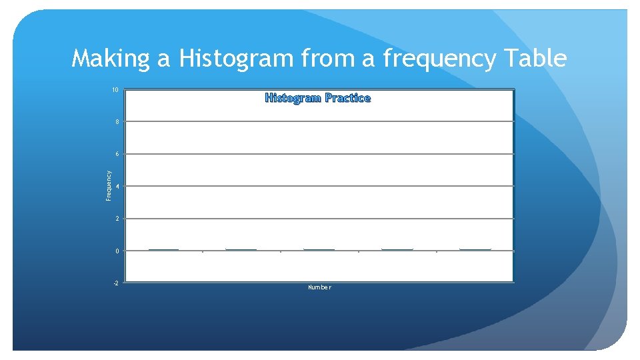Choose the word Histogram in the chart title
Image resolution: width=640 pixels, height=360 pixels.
293,98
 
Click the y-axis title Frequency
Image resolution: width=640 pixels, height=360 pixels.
109,185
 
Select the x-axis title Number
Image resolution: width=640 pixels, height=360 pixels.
319,287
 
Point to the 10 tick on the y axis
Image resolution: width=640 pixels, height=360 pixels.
115,90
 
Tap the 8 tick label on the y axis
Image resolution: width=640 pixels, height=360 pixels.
117,123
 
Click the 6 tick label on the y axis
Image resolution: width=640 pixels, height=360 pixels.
117,155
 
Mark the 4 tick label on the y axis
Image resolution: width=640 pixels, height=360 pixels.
117,187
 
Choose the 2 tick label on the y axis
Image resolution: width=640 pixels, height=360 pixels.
117,219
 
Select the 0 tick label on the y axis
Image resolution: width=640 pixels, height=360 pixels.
117,251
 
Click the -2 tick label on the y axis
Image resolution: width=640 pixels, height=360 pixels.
116,283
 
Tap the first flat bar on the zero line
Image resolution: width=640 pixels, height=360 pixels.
163,249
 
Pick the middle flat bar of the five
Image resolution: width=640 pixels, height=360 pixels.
319,249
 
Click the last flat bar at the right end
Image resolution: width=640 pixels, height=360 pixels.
475,249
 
